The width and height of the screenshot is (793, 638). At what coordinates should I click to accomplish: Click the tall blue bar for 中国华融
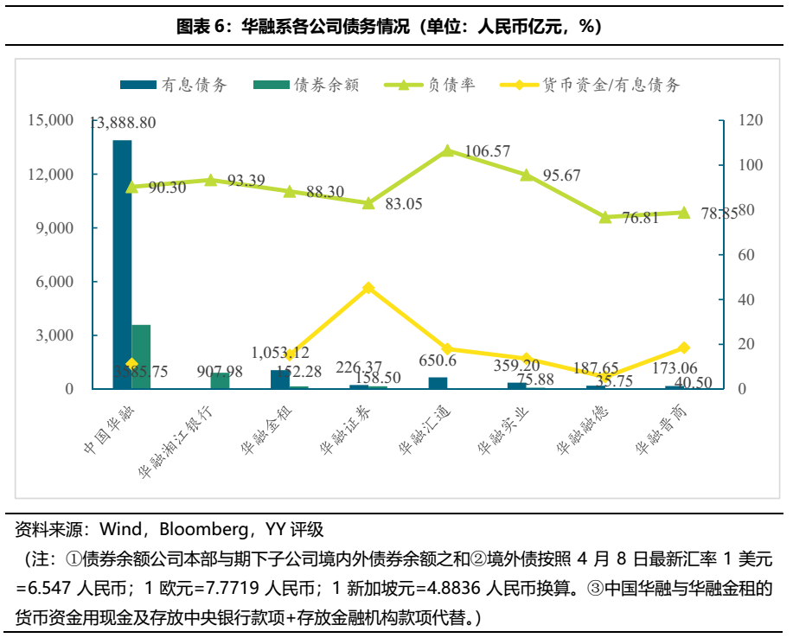tap(122, 264)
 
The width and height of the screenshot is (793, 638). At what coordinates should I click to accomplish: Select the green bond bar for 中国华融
tap(141, 356)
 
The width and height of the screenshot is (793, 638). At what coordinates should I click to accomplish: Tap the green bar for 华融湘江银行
tap(220, 380)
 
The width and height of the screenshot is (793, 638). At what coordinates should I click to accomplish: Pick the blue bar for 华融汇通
tap(438, 383)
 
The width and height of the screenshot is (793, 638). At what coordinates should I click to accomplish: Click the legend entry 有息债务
tap(175, 85)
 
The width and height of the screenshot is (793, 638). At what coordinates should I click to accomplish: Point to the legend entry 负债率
tap(439, 85)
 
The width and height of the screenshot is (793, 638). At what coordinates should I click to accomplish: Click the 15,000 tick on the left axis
tap(50, 121)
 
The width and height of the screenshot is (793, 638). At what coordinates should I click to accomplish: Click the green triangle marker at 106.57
tap(447, 150)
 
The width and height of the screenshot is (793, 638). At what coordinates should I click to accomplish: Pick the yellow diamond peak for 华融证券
tap(368, 288)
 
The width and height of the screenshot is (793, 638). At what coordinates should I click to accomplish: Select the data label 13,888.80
tap(123, 123)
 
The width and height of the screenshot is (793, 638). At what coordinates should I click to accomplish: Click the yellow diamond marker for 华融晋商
tap(683, 348)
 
